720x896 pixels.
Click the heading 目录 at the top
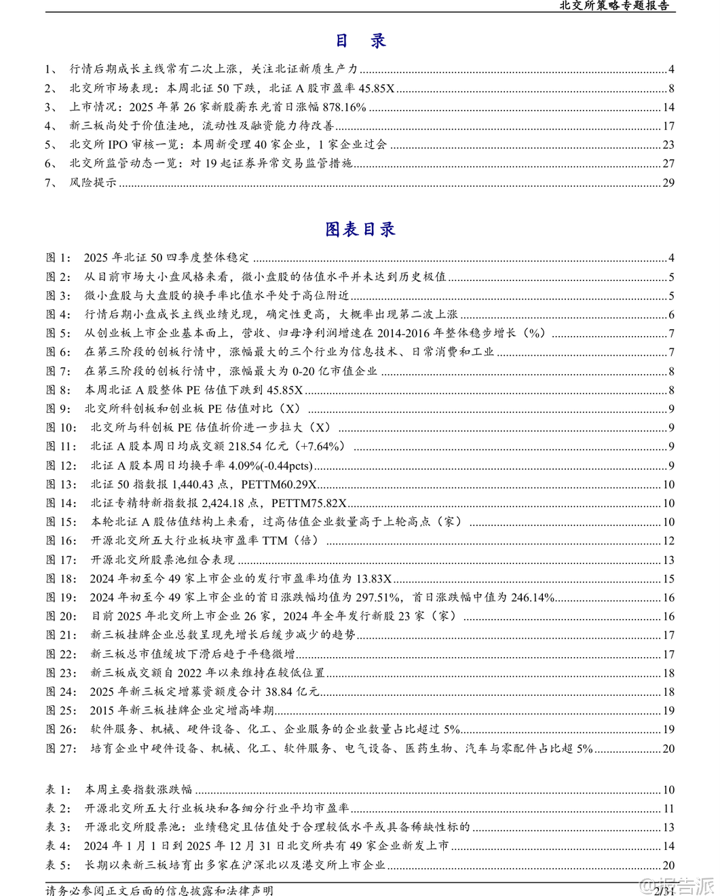click(360, 41)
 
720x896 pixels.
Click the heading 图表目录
click(360, 229)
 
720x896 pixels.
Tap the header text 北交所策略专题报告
click(613, 5)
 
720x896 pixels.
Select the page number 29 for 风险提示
click(668, 183)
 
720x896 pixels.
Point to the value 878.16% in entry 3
click(344, 107)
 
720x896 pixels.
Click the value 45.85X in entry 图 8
click(285, 390)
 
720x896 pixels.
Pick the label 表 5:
click(58, 865)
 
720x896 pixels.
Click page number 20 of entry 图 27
click(668, 749)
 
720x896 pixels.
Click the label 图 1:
click(58, 258)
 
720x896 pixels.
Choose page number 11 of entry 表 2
click(668, 809)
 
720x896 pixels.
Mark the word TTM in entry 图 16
click(275, 541)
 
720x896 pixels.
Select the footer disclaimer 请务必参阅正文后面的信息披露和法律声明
click(159, 890)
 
